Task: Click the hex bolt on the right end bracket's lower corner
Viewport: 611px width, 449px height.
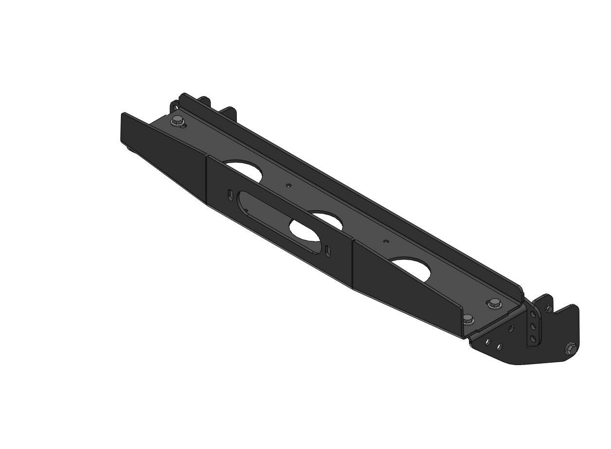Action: coord(570,349)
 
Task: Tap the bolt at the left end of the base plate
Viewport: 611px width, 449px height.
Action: coord(176,121)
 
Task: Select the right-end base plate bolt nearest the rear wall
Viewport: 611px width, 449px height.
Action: coord(493,303)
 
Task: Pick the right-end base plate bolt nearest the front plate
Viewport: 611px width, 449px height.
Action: coord(468,319)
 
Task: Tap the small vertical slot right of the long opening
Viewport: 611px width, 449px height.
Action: coord(329,251)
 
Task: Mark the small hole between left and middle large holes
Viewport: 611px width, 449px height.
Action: coord(289,185)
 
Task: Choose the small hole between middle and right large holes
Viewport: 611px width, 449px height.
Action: coord(386,241)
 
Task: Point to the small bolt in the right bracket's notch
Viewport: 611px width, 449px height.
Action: coord(548,308)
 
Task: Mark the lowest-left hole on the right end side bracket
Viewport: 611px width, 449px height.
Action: coord(488,342)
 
